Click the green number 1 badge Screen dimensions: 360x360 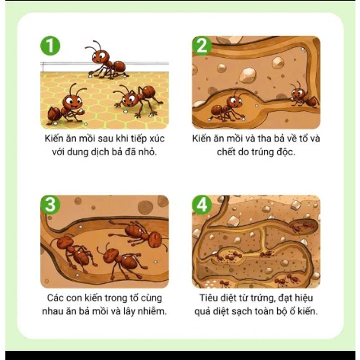tap(50, 46)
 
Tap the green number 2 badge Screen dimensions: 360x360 tap(202, 46)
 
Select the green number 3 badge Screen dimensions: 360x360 tap(50, 205)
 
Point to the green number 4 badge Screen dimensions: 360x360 tap(202, 205)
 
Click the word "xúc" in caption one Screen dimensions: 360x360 tap(157, 139)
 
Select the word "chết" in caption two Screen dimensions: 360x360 tap(226, 152)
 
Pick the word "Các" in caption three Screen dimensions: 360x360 tap(55, 298)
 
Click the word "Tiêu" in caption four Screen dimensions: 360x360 tap(208, 298)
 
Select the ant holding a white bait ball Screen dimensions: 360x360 tap(66, 105)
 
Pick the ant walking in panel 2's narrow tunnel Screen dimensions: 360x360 tap(303, 97)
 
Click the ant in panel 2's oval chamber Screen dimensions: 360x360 tap(227, 107)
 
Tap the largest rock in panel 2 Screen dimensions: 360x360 tap(247, 75)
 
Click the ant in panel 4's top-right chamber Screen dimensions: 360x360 tap(302, 225)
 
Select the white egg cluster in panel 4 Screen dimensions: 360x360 tap(211, 284)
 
